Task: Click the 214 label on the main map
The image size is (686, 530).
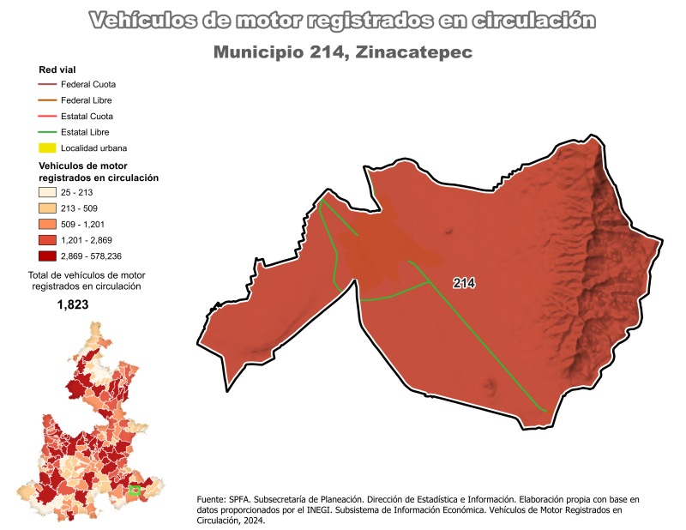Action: [x=464, y=282]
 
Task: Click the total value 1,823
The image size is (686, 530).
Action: [x=73, y=304]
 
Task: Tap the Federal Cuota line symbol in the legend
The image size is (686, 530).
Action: [x=47, y=84]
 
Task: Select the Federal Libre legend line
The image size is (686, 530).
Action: [x=47, y=100]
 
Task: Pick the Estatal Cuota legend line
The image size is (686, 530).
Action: [x=47, y=116]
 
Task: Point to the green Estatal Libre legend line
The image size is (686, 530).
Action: [x=47, y=132]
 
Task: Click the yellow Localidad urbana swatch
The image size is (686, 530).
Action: [x=47, y=148]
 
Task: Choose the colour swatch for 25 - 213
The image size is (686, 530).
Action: [x=47, y=192]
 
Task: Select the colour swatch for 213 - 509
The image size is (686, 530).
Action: [x=47, y=208]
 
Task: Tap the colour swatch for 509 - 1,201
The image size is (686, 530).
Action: [x=47, y=224]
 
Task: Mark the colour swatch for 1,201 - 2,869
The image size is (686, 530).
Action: [x=47, y=240]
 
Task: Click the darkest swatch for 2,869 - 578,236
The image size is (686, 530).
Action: [x=47, y=256]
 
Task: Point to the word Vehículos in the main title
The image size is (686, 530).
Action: [x=136, y=20]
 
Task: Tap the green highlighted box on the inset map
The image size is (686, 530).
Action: [x=134, y=491]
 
